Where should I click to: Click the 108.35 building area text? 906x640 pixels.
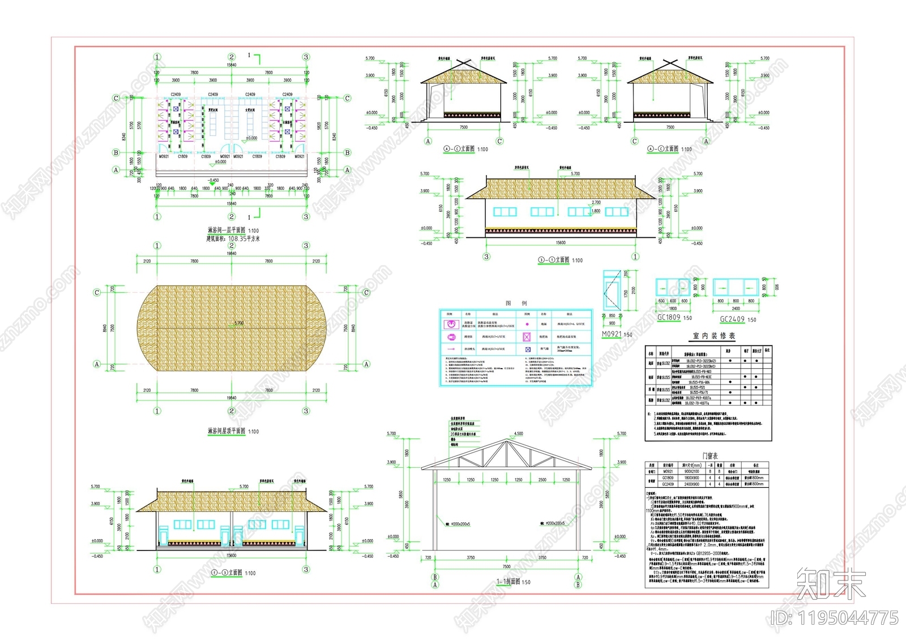pyautogui.click(x=243, y=239)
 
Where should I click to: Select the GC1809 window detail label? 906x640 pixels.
pyautogui.click(x=669, y=318)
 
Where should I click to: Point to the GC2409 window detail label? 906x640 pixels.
pyautogui.click(x=732, y=319)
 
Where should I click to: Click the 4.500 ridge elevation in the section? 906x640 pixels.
pyautogui.click(x=518, y=434)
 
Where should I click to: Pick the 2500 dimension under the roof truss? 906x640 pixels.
pyautogui.click(x=542, y=480)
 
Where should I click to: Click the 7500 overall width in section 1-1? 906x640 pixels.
pyautogui.click(x=506, y=566)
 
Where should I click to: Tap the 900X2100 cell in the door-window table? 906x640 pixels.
pyautogui.click(x=691, y=471)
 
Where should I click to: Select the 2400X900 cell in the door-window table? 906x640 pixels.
pyautogui.click(x=691, y=484)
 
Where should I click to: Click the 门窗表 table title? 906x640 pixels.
pyautogui.click(x=710, y=456)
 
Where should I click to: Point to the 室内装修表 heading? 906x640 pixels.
pyautogui.click(x=714, y=336)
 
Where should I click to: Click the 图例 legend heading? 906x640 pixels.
pyautogui.click(x=516, y=304)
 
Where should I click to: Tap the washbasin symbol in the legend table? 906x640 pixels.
pyautogui.click(x=451, y=324)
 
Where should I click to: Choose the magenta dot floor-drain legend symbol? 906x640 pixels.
pyautogui.click(x=527, y=325)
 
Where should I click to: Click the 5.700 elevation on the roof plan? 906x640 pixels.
pyautogui.click(x=239, y=323)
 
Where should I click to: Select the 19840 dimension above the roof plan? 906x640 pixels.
pyautogui.click(x=232, y=254)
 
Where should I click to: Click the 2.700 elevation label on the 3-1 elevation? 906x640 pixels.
pyautogui.click(x=596, y=202)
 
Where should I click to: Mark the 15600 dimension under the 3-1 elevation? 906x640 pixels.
pyautogui.click(x=561, y=243)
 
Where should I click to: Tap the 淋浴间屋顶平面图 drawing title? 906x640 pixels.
pyautogui.click(x=226, y=431)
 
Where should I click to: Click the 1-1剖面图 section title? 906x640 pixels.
pyautogui.click(x=508, y=582)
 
